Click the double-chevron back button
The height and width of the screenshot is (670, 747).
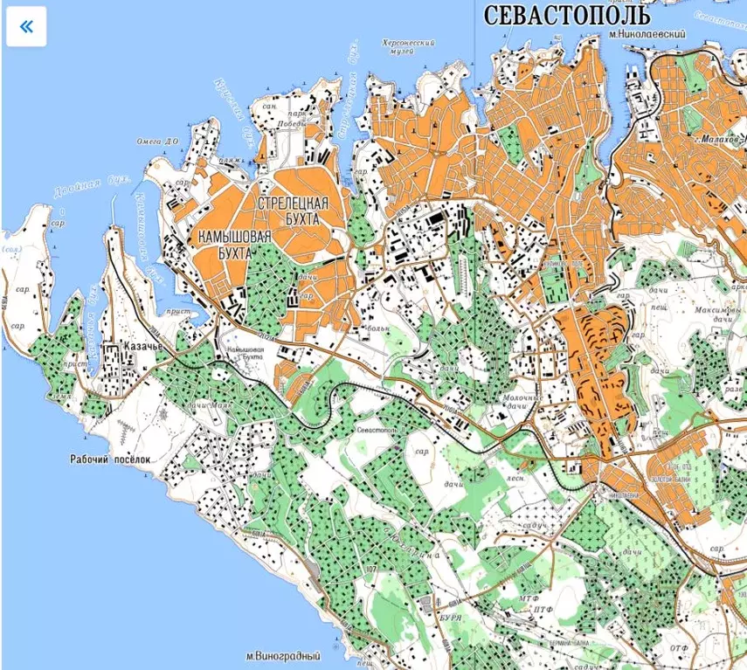pyautogui.click(x=26, y=26)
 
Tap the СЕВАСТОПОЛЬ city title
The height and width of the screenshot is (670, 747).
pyautogui.click(x=566, y=15)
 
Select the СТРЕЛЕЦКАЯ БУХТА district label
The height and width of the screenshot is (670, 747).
pyautogui.click(x=294, y=211)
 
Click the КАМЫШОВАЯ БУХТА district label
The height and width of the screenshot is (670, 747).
pyautogui.click(x=234, y=244)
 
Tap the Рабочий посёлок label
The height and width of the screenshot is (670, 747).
pyautogui.click(x=111, y=458)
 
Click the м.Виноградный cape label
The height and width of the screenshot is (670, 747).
pyautogui.click(x=282, y=656)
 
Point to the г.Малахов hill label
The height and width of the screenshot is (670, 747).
pyautogui.click(x=718, y=138)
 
